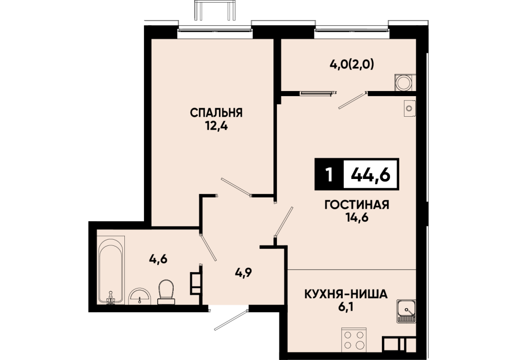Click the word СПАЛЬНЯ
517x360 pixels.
pos(216,113)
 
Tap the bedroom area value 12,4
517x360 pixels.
pos(216,127)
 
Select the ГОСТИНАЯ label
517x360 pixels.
pos(357,205)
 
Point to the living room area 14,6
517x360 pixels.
pos(357,218)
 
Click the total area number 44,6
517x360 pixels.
pos(371,174)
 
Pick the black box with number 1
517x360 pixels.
pos(329,174)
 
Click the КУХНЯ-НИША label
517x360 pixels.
pos(345,294)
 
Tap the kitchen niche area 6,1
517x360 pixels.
pos(345,308)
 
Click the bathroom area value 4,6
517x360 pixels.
pos(159,259)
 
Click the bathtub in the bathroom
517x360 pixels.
pos(112,270)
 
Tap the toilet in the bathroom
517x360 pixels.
pos(166,292)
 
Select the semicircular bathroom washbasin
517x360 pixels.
pos(140,296)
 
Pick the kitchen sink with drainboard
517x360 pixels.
pos(406,311)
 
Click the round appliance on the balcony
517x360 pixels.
pos(403,82)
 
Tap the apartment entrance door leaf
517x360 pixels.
pos(231,320)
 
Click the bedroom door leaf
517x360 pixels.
pos(236,187)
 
